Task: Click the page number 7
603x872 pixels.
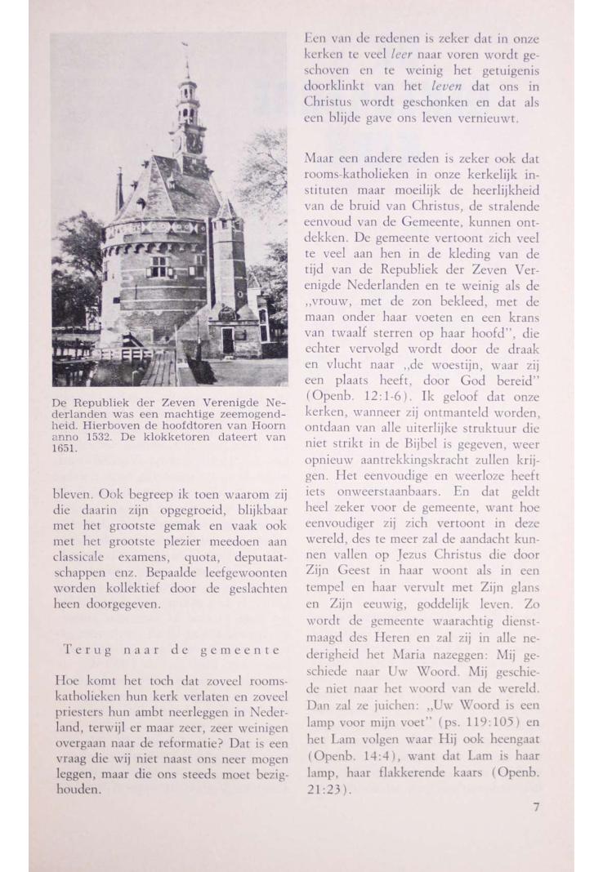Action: [x=537, y=807]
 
